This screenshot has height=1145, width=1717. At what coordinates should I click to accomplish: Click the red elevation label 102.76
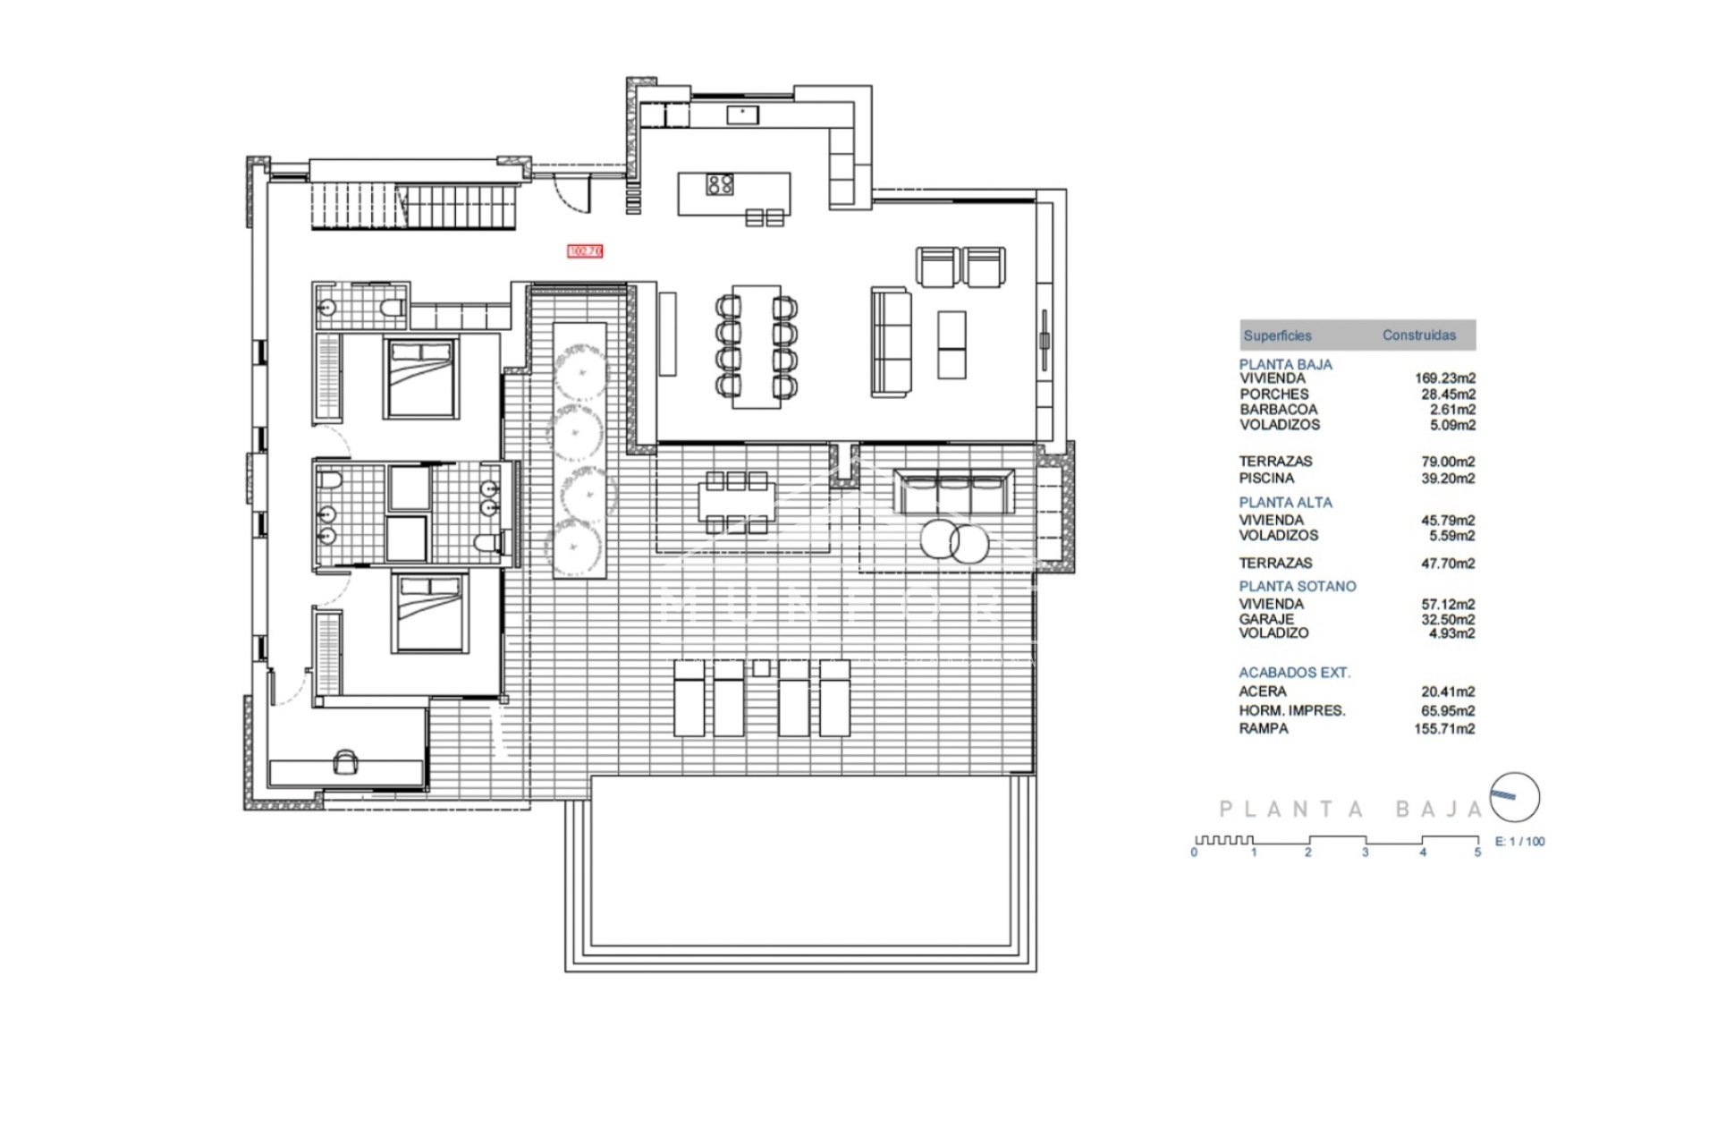[586, 251]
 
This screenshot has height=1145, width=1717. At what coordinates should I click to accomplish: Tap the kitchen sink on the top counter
[742, 114]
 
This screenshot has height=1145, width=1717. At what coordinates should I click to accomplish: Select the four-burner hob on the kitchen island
[720, 184]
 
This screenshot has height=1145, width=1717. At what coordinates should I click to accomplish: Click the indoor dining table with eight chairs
[757, 346]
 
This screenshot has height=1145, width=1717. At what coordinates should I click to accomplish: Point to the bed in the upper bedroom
[421, 378]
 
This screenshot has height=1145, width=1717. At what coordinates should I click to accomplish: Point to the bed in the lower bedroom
[430, 614]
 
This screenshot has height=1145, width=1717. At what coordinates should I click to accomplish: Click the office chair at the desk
[345, 762]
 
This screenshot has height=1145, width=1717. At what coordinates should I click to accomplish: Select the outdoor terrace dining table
[736, 504]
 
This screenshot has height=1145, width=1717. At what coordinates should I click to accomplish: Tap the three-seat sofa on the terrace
[954, 493]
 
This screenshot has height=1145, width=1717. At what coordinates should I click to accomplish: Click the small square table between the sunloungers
[761, 667]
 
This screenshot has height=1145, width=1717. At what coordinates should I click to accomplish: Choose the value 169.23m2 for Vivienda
[1444, 378]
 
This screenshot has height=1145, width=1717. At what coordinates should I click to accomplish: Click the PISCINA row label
[1266, 479]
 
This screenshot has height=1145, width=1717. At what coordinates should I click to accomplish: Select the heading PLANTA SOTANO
[1297, 586]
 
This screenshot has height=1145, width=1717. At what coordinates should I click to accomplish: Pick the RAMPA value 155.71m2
[1444, 729]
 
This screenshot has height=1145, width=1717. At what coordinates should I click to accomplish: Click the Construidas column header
[1418, 335]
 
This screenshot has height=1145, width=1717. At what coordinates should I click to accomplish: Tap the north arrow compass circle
[1515, 797]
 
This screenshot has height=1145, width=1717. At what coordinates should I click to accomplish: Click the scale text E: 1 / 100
[1519, 842]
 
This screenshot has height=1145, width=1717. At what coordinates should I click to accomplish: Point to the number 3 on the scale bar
[1365, 852]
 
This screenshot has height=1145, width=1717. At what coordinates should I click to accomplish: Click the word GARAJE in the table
[1266, 619]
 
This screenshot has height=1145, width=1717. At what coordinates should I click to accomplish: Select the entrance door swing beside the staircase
[572, 193]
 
